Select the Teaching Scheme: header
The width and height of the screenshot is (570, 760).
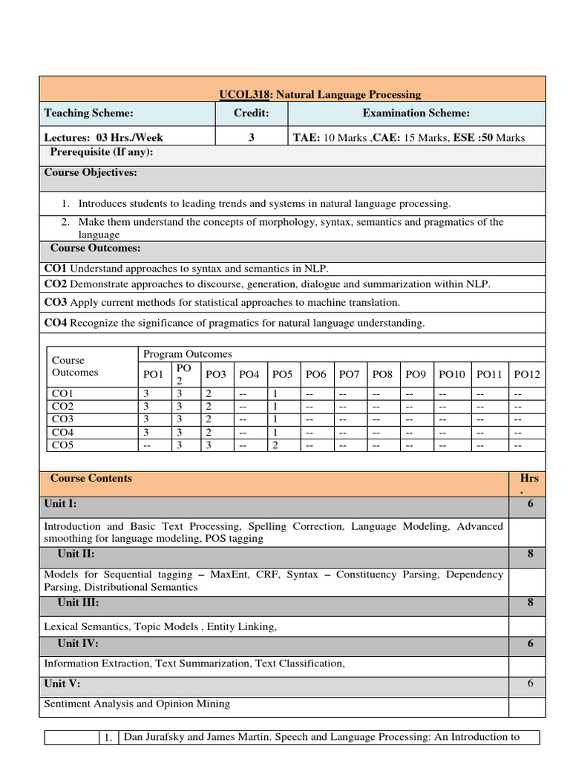(x=88, y=113)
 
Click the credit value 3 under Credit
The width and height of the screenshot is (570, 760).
(x=252, y=137)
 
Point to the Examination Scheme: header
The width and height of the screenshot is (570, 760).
(x=416, y=113)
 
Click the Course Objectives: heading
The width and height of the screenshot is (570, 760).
(x=91, y=172)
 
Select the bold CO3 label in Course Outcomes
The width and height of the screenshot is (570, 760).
(x=56, y=302)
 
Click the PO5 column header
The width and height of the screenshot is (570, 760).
(x=283, y=374)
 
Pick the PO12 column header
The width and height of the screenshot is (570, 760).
(x=527, y=374)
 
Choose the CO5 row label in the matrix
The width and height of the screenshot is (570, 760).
(x=62, y=445)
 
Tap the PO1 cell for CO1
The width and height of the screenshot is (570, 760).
(x=145, y=393)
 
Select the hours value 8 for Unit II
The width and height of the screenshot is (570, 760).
(x=530, y=554)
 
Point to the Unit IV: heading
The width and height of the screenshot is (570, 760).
(x=78, y=643)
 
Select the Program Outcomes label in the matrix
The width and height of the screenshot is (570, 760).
(x=187, y=354)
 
